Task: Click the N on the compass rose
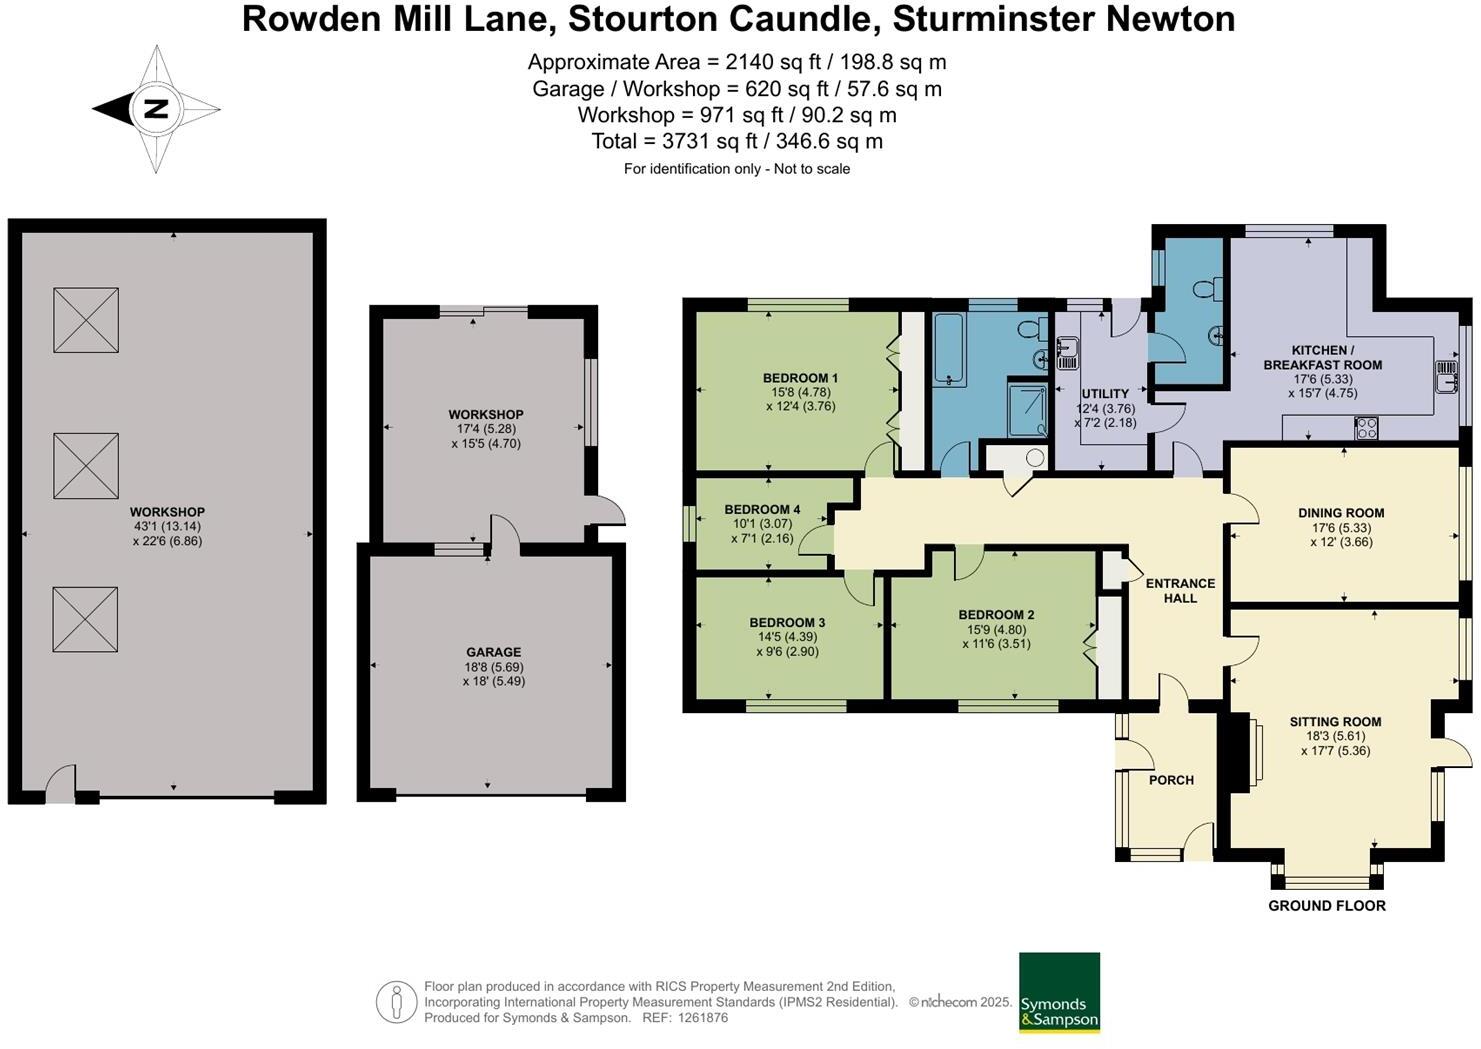point(155,109)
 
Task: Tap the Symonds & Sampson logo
point(1059,992)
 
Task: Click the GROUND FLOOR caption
point(1326,906)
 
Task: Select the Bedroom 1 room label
point(800,378)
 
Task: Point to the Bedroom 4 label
point(762,510)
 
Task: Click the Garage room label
point(493,652)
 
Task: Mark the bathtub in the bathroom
point(949,349)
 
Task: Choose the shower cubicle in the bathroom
point(1027,409)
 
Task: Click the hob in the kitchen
point(1366,429)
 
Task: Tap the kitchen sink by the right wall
point(1446,377)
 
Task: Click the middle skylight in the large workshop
point(86,465)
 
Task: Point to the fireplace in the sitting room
point(1243,753)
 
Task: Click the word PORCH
point(1171,780)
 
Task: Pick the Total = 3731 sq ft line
point(737,141)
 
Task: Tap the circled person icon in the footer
point(396,1001)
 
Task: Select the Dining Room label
point(1340,513)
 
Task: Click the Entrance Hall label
point(1180,590)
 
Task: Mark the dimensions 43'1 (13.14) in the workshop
point(167,527)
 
